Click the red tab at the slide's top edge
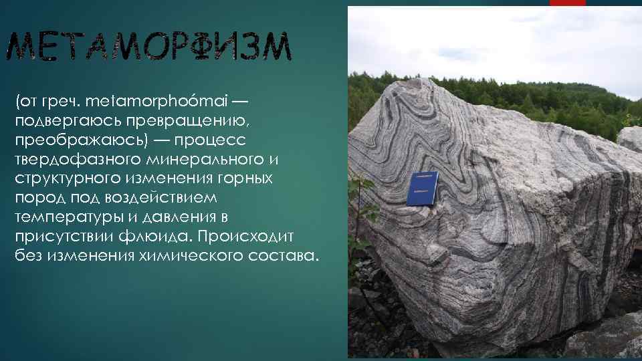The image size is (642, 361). pyautogui.click(x=567, y=3)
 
